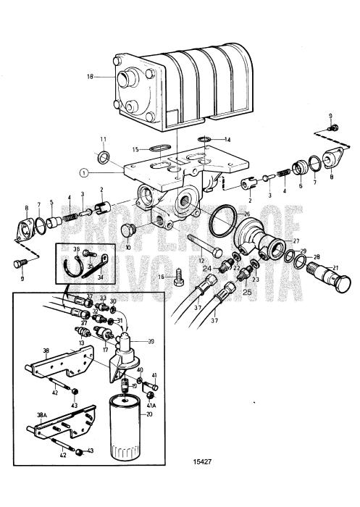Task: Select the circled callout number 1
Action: coord(85,173)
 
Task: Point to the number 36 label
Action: coord(77,248)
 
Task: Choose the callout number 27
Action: coord(295,242)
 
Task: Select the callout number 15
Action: coord(135,149)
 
